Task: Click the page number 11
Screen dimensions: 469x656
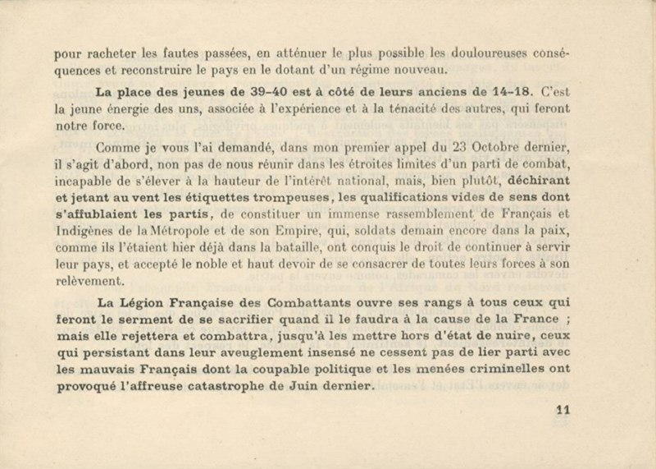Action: (563, 412)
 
